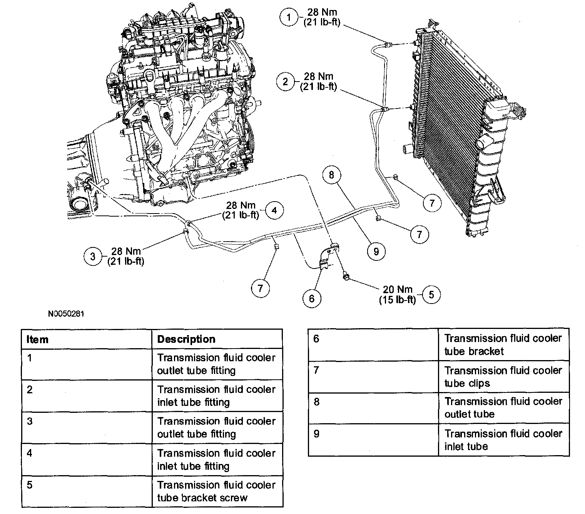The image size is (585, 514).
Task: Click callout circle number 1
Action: pos(289,18)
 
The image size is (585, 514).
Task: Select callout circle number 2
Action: pos(285,82)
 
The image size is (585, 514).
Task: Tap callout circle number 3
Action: pos(92,256)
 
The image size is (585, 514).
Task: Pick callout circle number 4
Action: pos(274,210)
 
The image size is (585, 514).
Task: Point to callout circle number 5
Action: pos(431,294)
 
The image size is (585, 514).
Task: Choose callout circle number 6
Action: pos(311,298)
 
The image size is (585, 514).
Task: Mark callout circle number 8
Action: pos(332,175)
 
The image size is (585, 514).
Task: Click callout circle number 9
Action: pos(376,251)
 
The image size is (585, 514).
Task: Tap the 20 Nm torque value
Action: pos(397,289)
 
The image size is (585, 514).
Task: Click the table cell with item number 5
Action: pos(87,491)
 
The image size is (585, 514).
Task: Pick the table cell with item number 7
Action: pos(373,377)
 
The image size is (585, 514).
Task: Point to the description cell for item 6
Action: pos(503,345)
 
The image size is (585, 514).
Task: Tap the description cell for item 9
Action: pos(503,440)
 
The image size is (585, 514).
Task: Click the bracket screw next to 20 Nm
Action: pos(345,276)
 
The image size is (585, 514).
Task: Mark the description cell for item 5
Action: pos(217,491)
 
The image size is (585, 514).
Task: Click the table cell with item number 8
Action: pos(373,408)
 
